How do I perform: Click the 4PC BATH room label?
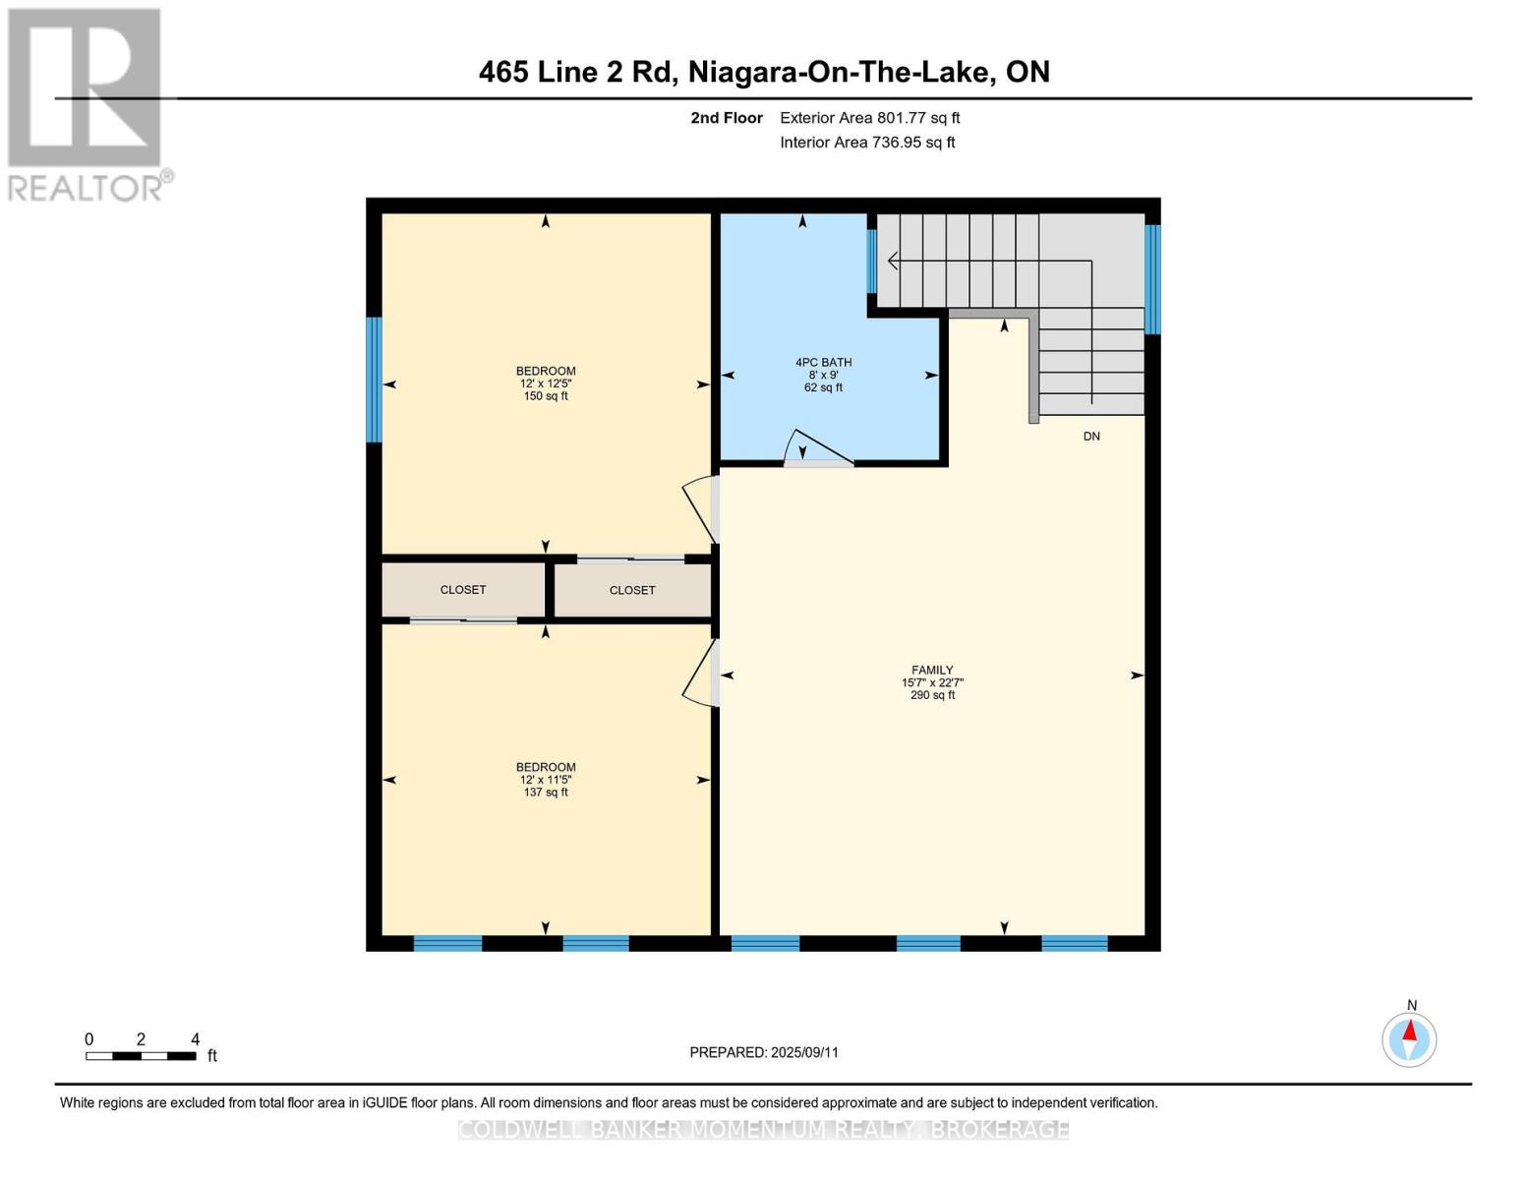click(823, 375)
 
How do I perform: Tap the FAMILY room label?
click(931, 681)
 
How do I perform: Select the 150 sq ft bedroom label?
click(546, 383)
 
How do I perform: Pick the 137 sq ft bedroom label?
click(546, 780)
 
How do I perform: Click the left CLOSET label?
click(462, 590)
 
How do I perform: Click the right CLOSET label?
click(631, 590)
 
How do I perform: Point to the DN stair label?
click(1090, 437)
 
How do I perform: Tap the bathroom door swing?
click(816, 448)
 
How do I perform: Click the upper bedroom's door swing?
click(700, 507)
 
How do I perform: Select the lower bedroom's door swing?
click(700, 674)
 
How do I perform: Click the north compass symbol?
click(1409, 1038)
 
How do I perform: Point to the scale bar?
click(141, 1055)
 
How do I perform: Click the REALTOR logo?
click(86, 103)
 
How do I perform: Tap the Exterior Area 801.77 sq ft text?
click(869, 118)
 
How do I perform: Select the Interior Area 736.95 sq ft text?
click(867, 143)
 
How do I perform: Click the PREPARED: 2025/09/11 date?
click(764, 1052)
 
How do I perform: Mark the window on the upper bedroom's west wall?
click(374, 380)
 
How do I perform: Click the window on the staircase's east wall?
click(1152, 279)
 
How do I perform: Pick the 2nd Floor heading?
click(726, 118)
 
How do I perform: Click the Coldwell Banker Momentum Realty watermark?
click(764, 1130)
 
